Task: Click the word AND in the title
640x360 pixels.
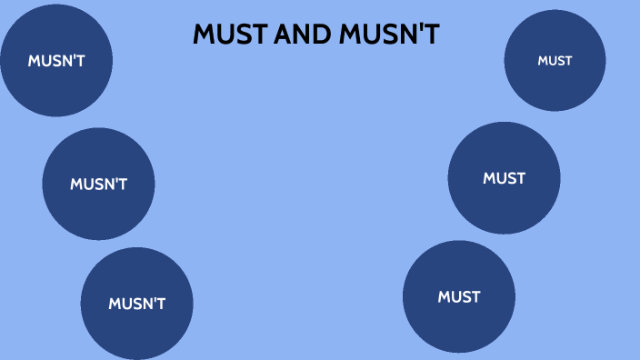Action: click(302, 35)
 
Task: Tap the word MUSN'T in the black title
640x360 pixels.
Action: click(389, 35)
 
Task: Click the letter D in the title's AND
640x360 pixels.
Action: click(323, 35)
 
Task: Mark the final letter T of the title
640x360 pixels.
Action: click(432, 35)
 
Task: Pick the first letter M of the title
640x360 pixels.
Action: click(204, 35)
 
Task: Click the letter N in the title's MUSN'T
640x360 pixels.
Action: click(407, 35)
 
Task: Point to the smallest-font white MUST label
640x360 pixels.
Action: click(555, 61)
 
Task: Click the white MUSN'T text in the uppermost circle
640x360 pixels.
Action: click(56, 61)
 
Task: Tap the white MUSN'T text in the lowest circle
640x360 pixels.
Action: click(136, 304)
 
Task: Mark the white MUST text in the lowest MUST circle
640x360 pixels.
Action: click(458, 296)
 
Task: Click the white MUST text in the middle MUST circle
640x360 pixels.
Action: click(504, 178)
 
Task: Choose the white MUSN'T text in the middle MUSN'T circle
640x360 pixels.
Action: click(98, 184)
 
